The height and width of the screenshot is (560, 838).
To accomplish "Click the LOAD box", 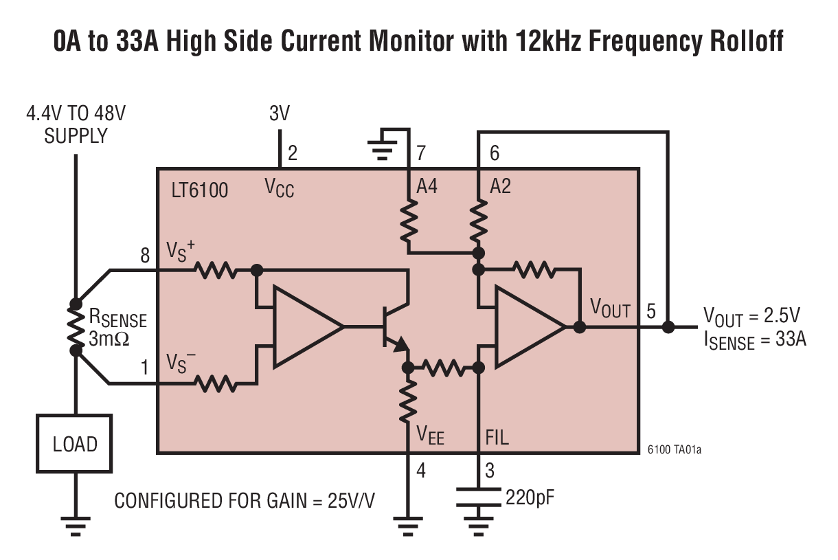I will coord(74,444).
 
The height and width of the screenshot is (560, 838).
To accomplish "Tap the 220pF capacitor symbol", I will coord(478,496).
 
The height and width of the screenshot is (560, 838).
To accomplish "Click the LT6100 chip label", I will coord(199,189).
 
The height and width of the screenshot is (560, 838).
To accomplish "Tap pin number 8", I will coord(145,256).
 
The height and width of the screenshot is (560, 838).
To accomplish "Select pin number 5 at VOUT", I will coord(650,311).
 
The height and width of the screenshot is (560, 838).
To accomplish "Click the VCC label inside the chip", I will coord(280,187).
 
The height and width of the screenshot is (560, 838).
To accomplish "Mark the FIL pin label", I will coord(497,437).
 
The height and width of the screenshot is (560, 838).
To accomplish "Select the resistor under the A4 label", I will coord(409,220).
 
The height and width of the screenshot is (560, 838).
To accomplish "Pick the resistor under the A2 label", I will coord(478,220).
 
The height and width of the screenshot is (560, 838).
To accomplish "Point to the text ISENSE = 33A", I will coord(754,340).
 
